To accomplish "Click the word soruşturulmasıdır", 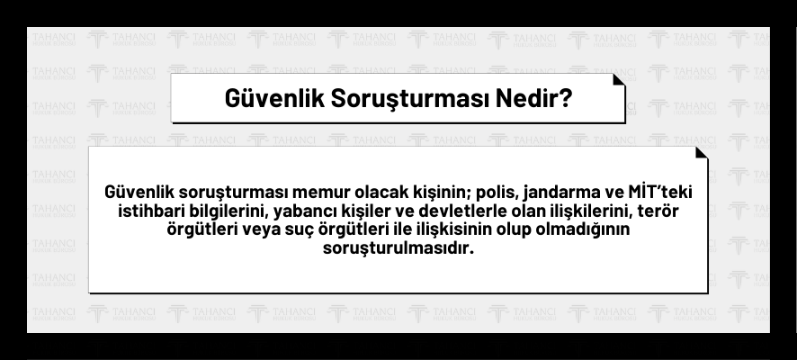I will click(398, 248).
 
